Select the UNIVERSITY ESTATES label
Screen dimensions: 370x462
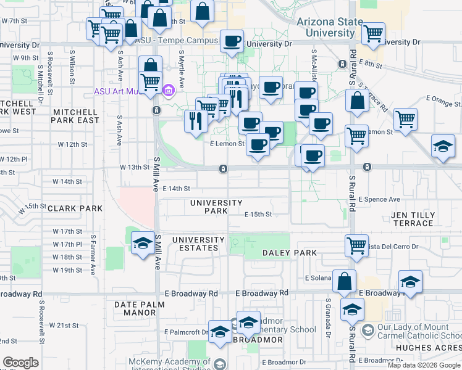198,244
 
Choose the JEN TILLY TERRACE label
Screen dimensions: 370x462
413,219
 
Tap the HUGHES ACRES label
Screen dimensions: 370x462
433,348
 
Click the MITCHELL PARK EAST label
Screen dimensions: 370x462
76,116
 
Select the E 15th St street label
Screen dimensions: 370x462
258,215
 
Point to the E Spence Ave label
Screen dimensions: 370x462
379,199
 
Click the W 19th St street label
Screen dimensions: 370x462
67,270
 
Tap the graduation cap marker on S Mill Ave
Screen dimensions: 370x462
143,244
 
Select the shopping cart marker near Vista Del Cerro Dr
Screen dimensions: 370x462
357,245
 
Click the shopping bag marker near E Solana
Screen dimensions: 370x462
344,281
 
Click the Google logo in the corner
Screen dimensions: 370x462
20,363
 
